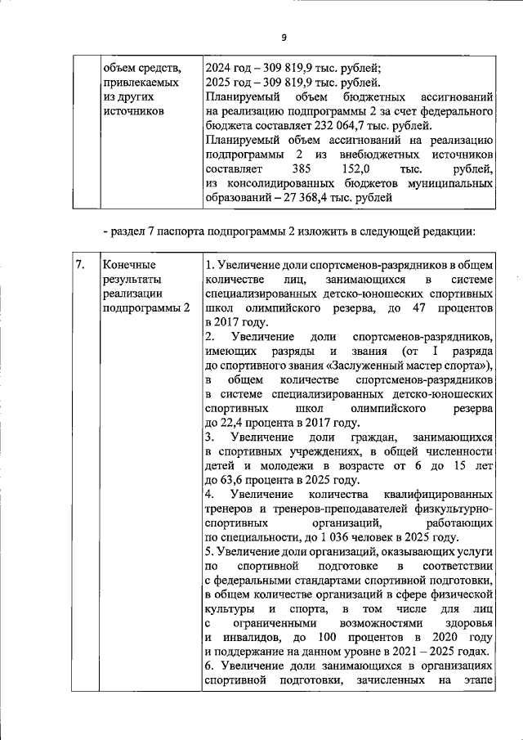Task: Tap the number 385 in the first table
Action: point(303,168)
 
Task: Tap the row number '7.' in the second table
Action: point(81,265)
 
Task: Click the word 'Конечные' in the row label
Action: point(128,265)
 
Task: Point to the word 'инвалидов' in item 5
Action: point(248,637)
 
